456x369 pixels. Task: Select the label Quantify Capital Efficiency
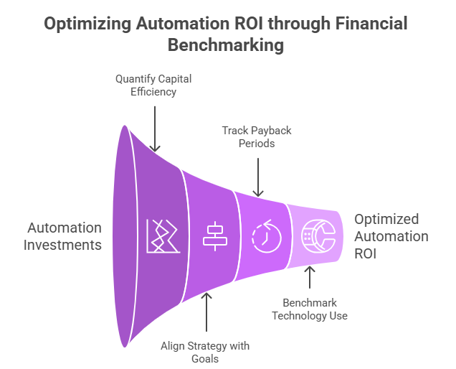[x=153, y=85]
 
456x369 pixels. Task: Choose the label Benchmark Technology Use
[x=309, y=309]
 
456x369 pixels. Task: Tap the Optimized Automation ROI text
[x=390, y=237]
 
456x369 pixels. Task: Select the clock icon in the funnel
[x=262, y=236]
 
